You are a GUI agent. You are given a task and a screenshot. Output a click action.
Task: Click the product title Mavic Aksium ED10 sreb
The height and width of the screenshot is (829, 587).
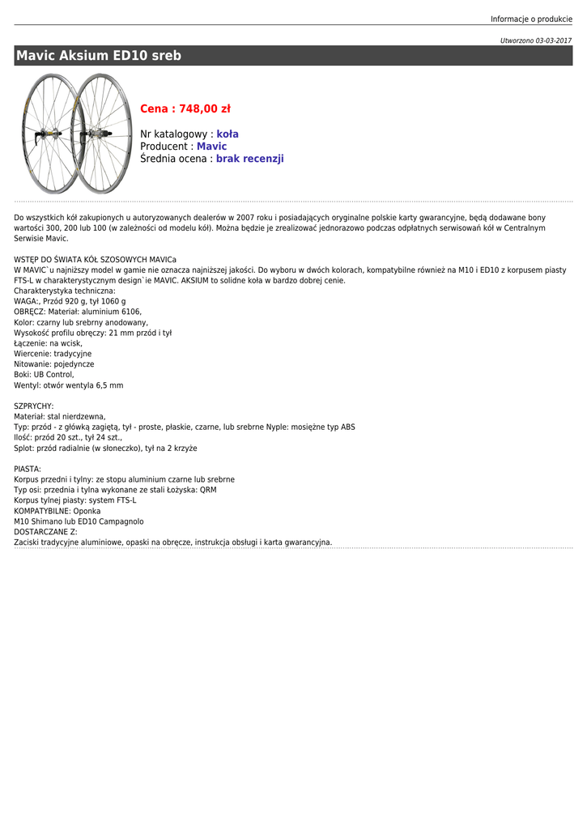(99, 56)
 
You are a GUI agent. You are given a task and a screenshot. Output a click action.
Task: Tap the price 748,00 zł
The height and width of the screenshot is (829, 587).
(185, 108)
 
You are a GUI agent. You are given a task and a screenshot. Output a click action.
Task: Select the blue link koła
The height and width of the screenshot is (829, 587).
(228, 134)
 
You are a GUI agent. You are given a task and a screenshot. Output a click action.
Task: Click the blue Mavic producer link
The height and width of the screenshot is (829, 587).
(211, 147)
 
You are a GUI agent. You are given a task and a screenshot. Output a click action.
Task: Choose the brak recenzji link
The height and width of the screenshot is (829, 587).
(249, 159)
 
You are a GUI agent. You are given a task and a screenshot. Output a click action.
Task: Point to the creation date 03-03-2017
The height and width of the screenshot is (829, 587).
(553, 40)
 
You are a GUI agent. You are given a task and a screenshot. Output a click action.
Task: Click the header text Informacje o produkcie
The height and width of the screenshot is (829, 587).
(531, 19)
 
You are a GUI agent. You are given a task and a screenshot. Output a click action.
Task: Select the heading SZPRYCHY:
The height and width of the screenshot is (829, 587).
(34, 406)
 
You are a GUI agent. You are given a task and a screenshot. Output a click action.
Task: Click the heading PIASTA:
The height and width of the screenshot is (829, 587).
(28, 470)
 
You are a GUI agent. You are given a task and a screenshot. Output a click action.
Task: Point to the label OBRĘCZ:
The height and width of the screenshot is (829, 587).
(30, 312)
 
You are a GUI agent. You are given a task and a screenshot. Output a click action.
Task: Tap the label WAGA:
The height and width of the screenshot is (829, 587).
(27, 301)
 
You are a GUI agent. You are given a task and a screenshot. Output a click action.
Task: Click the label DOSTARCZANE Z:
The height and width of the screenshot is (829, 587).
(45, 532)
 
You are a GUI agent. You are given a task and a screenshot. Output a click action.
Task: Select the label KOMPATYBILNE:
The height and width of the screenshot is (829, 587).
(42, 512)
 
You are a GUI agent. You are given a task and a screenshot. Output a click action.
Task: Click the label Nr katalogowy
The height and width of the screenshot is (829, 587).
(174, 134)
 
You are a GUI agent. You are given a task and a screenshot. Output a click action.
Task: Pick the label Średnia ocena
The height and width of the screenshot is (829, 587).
(174, 159)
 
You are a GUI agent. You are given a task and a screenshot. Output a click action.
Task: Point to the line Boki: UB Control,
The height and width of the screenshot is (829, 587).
(44, 375)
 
